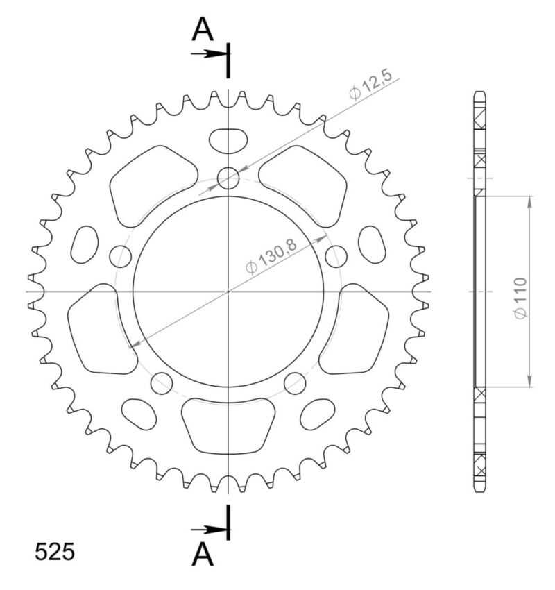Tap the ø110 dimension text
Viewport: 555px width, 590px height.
pyautogui.click(x=521, y=298)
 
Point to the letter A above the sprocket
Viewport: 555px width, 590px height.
pyautogui.click(x=202, y=28)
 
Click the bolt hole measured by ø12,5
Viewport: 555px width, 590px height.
pyautogui.click(x=228, y=179)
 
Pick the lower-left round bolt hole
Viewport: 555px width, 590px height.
pyautogui.click(x=162, y=381)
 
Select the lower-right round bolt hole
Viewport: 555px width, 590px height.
pyautogui.click(x=295, y=381)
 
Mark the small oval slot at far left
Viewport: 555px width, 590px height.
pyautogui.click(x=86, y=244)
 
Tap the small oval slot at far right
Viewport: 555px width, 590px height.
pyautogui.click(x=372, y=244)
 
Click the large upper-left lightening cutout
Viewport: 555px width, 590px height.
pyautogui.click(x=151, y=185)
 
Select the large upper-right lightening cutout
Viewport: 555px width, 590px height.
pyautogui.click(x=306, y=185)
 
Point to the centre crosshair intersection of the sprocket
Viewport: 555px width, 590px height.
pyautogui.click(x=228, y=292)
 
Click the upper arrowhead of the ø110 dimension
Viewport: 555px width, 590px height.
pyautogui.click(x=531, y=201)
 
